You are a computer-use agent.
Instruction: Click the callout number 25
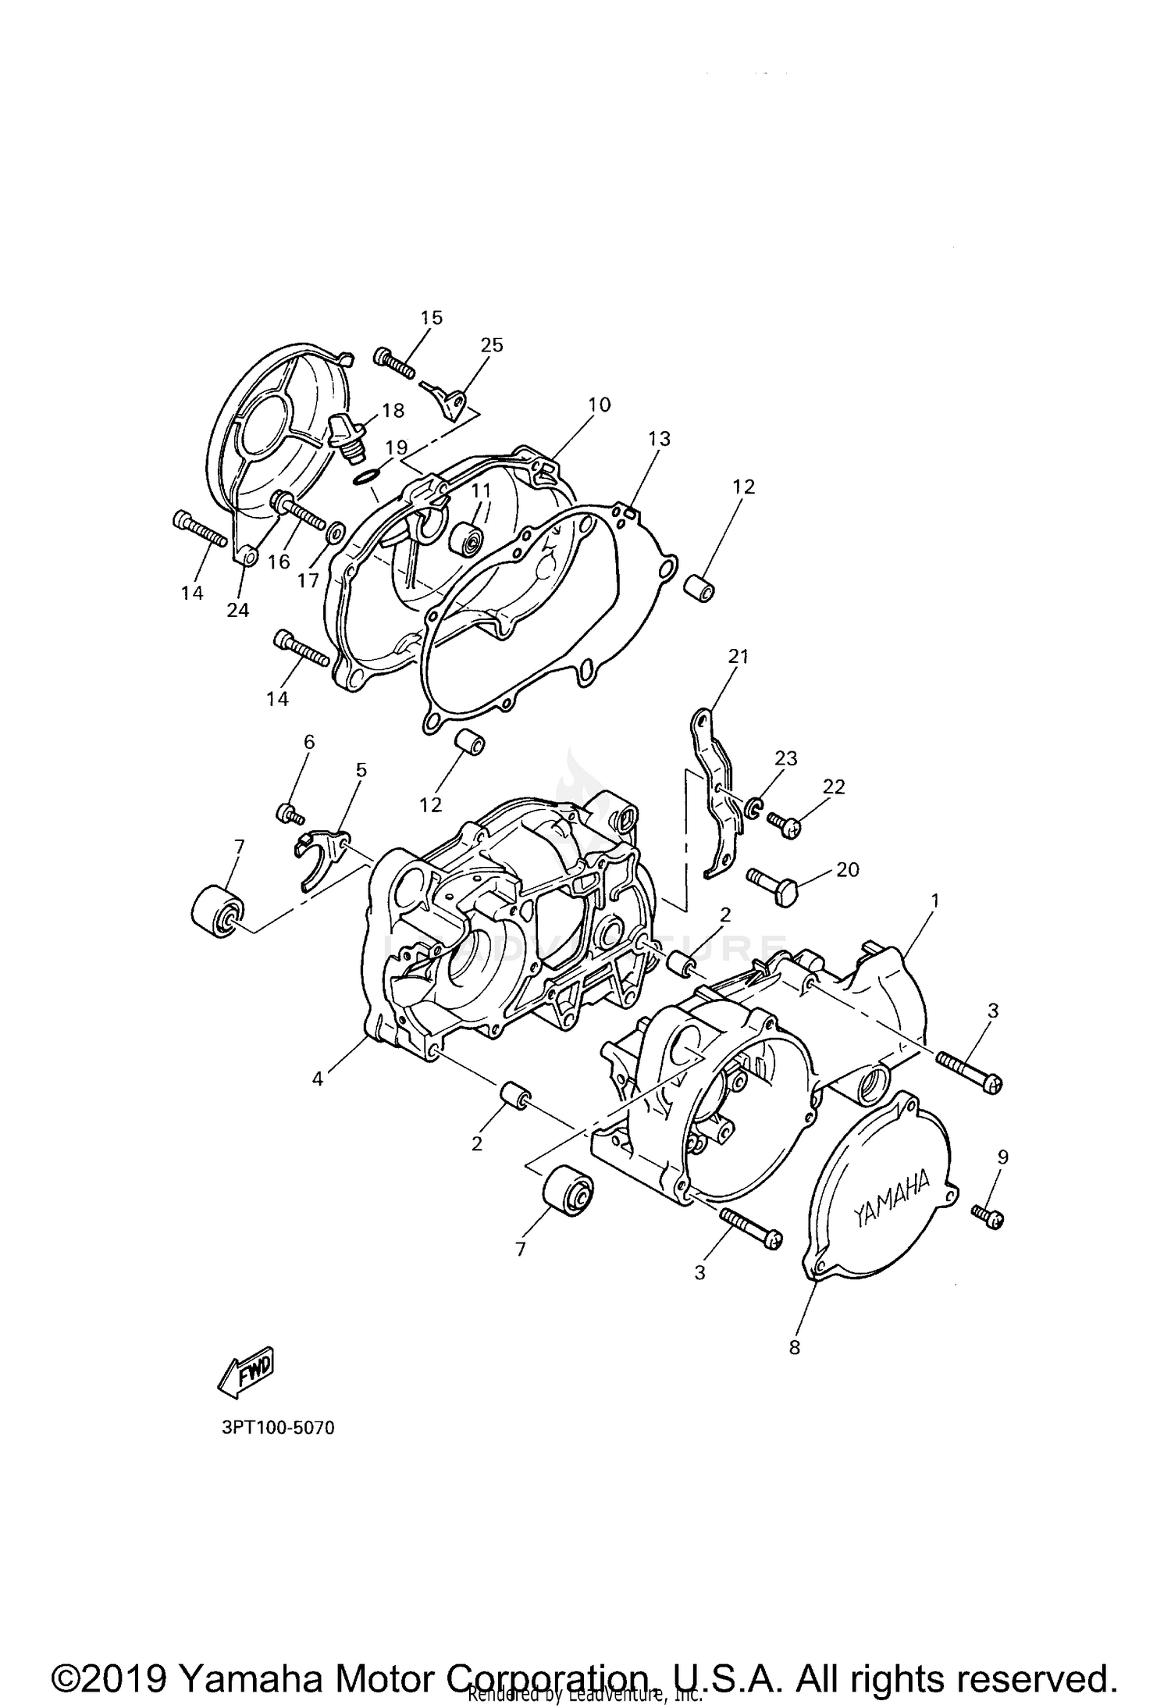tap(492, 345)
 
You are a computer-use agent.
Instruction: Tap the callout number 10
tap(600, 405)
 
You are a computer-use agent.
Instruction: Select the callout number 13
tap(660, 439)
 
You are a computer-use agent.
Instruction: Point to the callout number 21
tap(738, 657)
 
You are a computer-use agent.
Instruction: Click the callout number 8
tap(795, 1347)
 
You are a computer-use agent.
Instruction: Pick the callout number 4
tap(317, 1079)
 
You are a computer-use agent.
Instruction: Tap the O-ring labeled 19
tap(368, 476)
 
